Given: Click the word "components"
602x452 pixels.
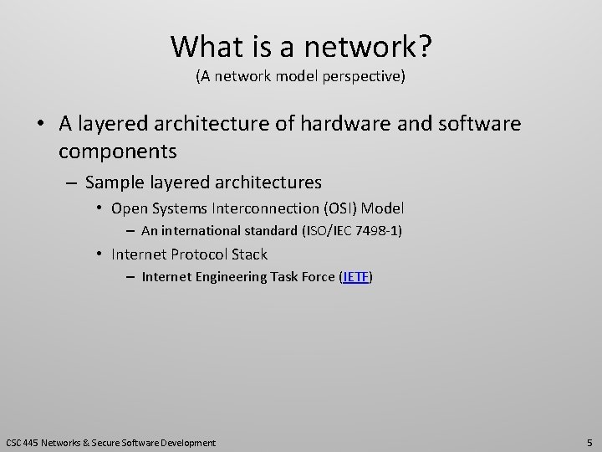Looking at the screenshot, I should [118, 152].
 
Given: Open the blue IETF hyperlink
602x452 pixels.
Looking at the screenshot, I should [356, 277].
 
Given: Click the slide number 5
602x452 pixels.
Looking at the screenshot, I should [589, 442].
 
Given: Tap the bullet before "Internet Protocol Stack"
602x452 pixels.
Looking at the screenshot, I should [99, 254].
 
